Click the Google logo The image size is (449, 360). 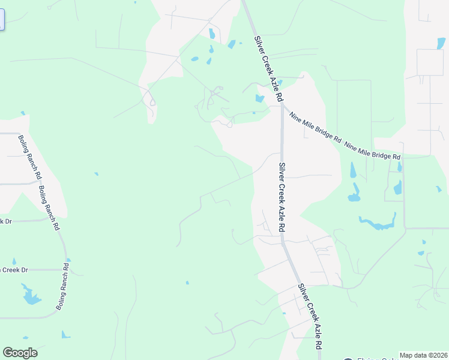tap(20, 353)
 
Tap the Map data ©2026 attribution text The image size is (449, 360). tap(423, 355)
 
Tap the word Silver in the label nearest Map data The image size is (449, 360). tap(304, 295)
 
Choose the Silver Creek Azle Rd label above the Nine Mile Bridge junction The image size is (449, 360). tap(268, 68)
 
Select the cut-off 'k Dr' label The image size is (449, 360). tap(5, 221)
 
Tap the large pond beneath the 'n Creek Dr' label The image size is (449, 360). tap(29, 295)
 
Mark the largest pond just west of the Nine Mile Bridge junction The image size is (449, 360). tap(259, 99)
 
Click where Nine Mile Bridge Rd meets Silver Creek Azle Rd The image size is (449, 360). tap(282, 107)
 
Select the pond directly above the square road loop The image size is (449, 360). tap(439, 43)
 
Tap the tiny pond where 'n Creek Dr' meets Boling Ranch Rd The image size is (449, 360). tap(68, 260)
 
